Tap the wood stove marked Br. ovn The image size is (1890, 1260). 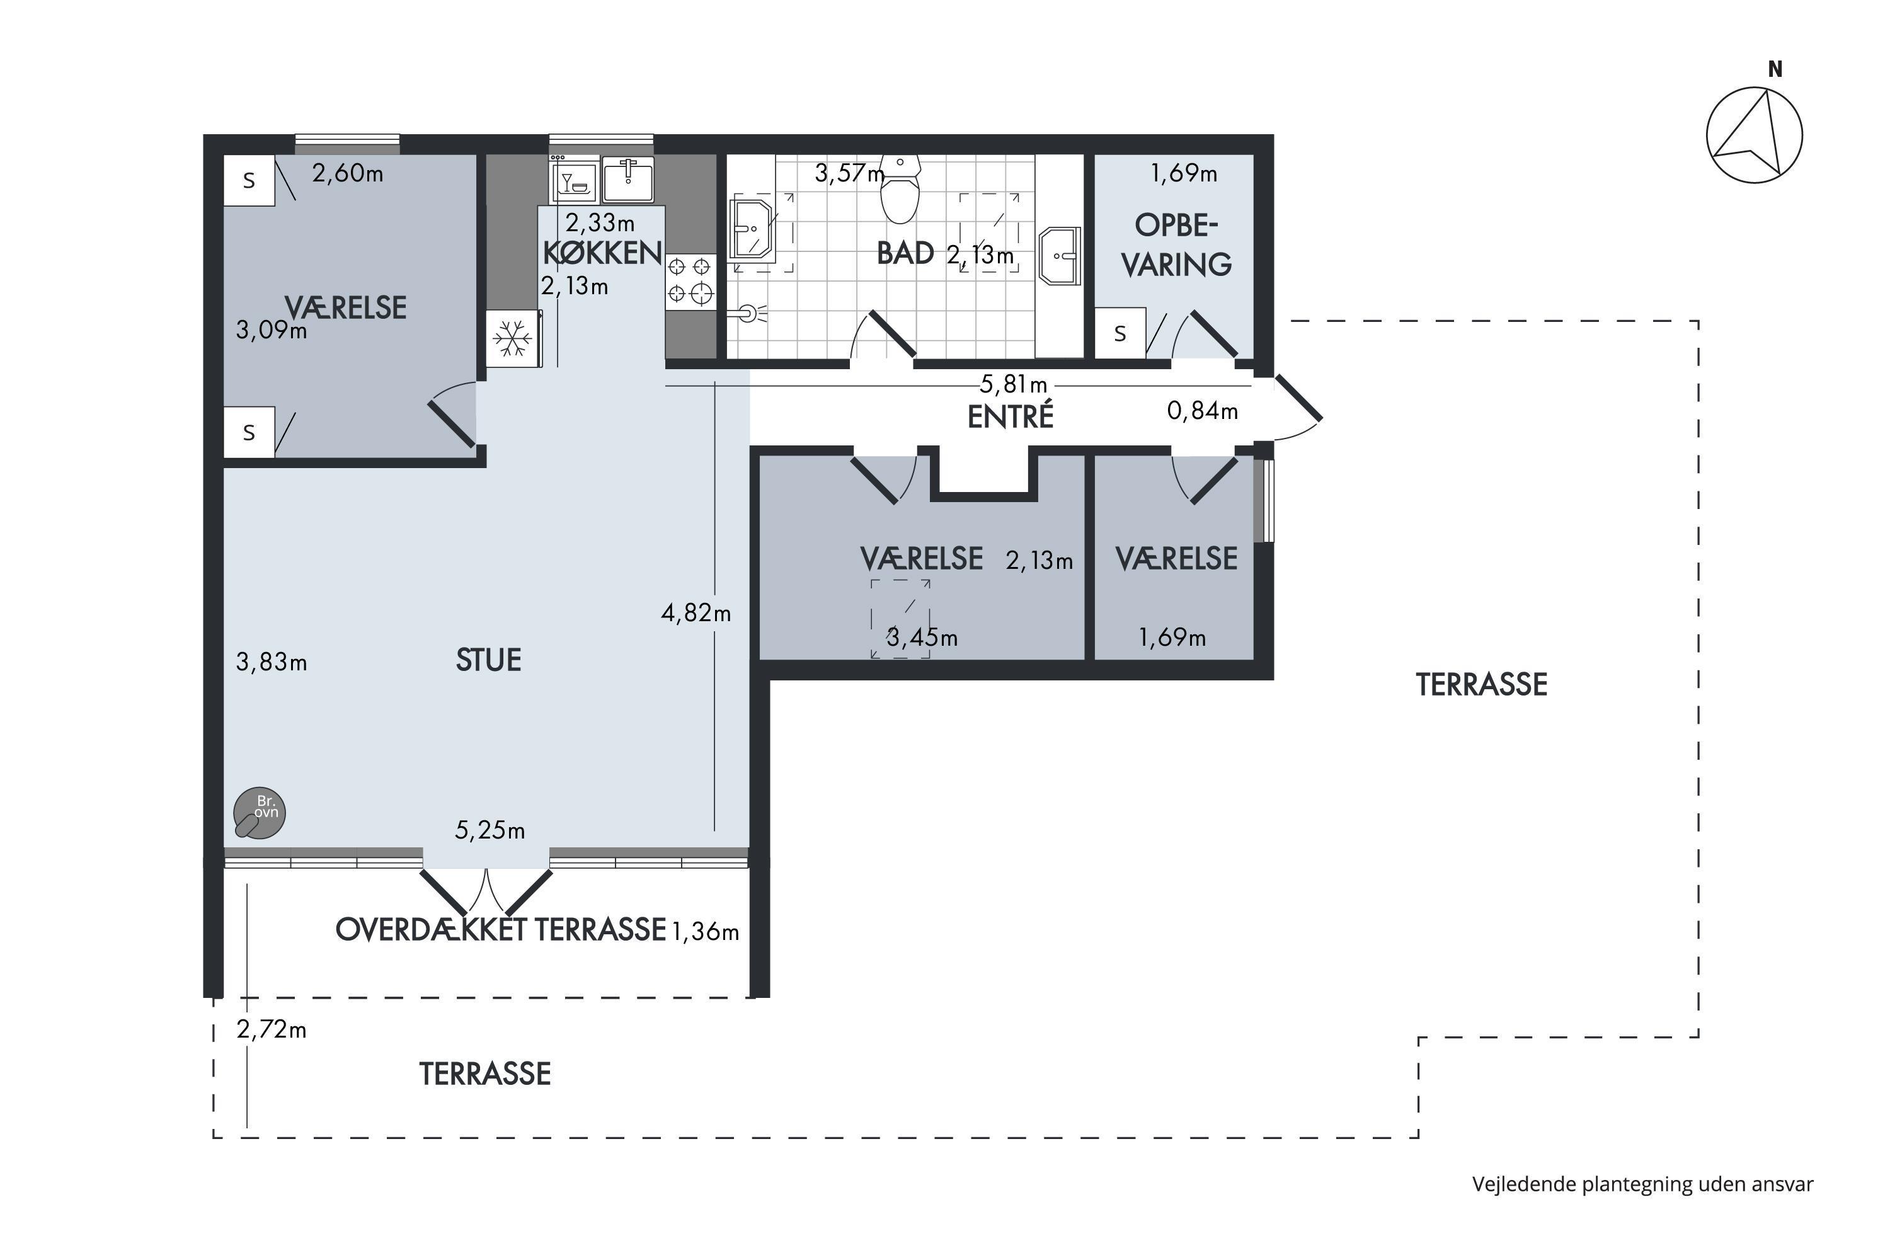click(259, 813)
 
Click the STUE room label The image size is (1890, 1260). click(489, 660)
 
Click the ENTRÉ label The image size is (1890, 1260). click(1010, 416)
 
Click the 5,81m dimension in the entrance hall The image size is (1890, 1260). click(1013, 385)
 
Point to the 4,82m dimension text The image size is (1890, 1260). click(696, 613)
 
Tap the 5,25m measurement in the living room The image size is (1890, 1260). click(490, 830)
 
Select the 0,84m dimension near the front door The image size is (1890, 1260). click(1202, 411)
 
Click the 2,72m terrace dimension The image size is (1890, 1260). click(272, 1029)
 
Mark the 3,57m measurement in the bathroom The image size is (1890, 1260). click(849, 173)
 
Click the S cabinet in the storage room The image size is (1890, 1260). click(1120, 333)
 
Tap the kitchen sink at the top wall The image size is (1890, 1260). click(627, 179)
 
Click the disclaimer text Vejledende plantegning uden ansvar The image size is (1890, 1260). click(1642, 1184)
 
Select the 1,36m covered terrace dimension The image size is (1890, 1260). click(705, 932)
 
